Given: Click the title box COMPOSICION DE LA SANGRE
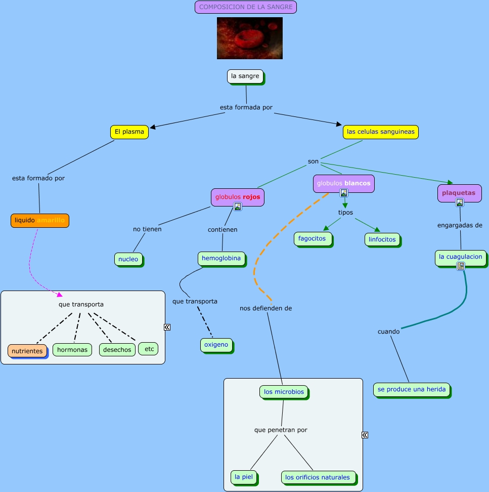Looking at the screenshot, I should coord(246,7).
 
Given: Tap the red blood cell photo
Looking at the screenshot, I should coord(249,38).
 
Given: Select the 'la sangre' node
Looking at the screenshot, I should coord(245,76).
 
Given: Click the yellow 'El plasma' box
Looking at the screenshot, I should coord(129,132).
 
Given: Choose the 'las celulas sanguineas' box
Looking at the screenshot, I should coord(380,132).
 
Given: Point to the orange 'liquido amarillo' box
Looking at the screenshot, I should coord(40,221).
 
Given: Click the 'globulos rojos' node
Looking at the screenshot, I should coord(237,197).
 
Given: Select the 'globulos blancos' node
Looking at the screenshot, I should coord(343,183).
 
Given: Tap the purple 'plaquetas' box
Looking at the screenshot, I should coord(459,193).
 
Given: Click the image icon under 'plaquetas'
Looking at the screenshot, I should coord(459,202).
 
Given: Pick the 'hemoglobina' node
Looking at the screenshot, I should coord(221,259).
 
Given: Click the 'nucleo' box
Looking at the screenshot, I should coord(128,259).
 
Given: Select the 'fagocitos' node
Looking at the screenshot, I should coord(312,239).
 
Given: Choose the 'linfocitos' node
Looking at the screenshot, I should coord(382,239).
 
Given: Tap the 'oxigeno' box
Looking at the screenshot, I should coord(216,345).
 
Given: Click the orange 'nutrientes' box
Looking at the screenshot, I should coord(27,351).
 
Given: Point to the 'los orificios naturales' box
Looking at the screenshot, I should coord(318,477).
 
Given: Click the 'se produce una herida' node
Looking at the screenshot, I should coord(412,389).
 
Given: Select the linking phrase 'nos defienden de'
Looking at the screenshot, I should coord(265,308).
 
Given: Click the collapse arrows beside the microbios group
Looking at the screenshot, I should coord(365,435).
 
